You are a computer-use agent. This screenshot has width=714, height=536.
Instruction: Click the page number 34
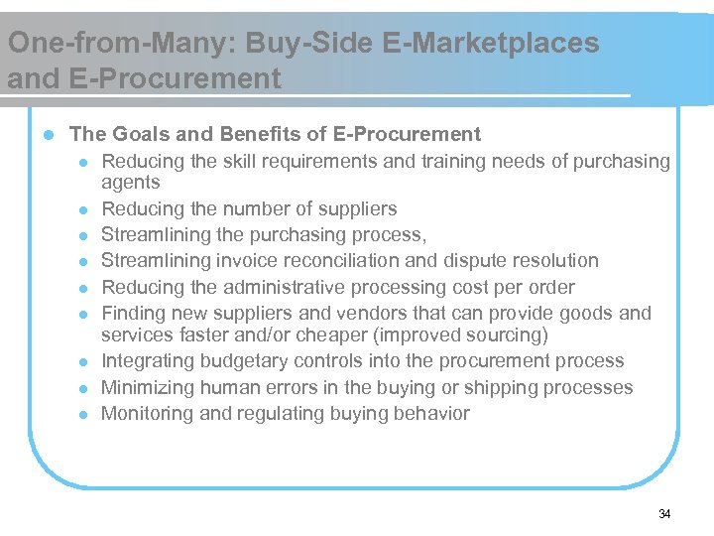(664, 513)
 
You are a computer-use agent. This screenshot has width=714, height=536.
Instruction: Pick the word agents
(131, 183)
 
